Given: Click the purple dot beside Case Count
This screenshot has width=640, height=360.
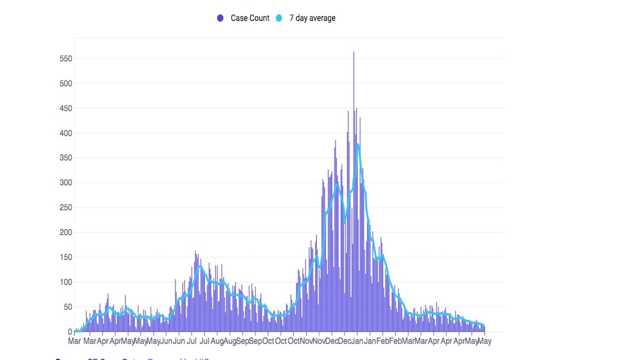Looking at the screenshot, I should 220,18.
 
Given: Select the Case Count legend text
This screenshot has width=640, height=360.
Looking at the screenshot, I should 250,18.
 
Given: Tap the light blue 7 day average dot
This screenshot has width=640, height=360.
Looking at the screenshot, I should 278,18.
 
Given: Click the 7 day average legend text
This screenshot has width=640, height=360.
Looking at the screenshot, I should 312,18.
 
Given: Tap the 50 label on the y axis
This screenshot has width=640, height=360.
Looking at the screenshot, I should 68,307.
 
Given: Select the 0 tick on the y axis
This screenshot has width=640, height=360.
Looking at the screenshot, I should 70,332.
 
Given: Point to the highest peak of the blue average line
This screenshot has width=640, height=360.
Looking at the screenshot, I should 357,144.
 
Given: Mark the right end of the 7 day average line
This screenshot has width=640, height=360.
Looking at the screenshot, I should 484,326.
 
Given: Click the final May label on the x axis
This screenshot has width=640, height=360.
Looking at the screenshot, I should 484,341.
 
